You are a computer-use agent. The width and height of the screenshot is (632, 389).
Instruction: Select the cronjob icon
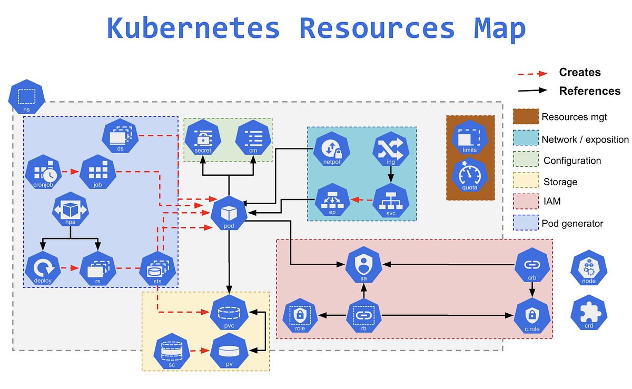[x=43, y=172]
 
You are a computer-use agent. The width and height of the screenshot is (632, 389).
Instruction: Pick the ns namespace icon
[x=27, y=97]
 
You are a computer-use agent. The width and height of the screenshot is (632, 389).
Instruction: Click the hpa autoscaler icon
[x=70, y=211]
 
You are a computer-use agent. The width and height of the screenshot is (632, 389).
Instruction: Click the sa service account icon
[x=363, y=266]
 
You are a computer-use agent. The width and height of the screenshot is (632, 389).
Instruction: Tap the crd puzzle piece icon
[x=589, y=314]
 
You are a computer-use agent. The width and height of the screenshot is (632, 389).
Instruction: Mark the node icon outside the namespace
[x=589, y=268]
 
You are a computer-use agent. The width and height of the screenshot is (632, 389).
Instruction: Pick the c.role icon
[x=532, y=316]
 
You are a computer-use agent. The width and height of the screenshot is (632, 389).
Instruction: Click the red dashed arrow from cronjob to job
[x=70, y=172]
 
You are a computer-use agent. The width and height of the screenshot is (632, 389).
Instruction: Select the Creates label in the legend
[x=579, y=72]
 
